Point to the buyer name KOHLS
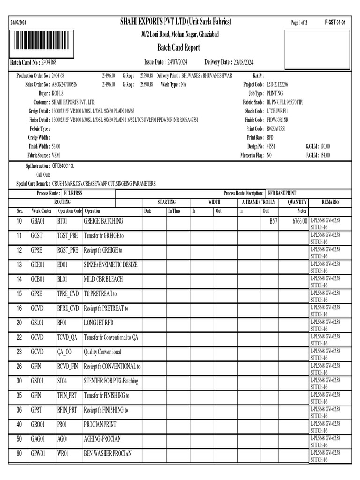(x=58, y=93)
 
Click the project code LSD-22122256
(x=277, y=84)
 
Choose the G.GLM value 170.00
(x=324, y=146)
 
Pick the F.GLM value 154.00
(x=324, y=155)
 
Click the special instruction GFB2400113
(x=63, y=166)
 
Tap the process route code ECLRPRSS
(x=73, y=193)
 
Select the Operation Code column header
(x=70, y=211)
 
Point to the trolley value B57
(x=273, y=221)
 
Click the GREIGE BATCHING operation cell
(x=104, y=221)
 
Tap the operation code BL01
(x=62, y=279)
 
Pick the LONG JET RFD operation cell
(x=98, y=323)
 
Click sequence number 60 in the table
(x=19, y=453)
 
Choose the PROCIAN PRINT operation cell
(x=100, y=424)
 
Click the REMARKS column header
(x=331, y=202)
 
